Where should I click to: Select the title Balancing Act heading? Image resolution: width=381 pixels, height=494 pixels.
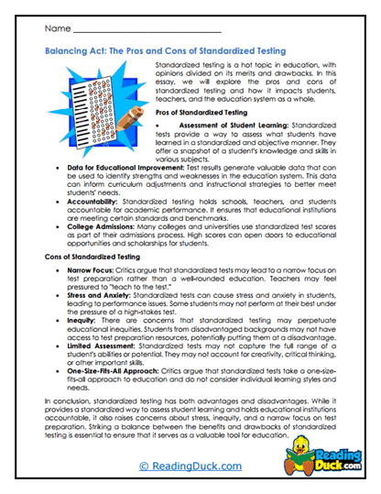(164, 54)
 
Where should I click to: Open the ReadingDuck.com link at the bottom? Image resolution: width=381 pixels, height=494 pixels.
(190, 466)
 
